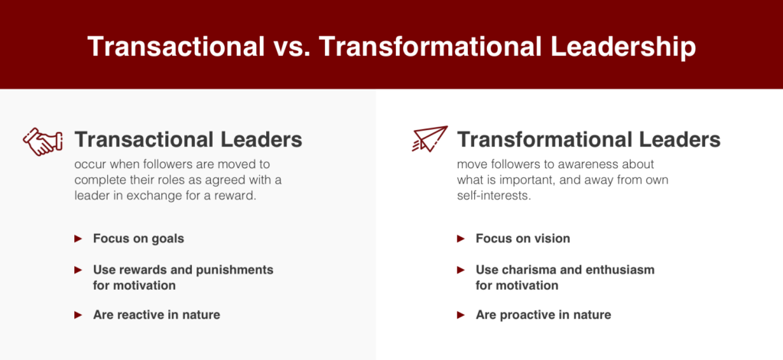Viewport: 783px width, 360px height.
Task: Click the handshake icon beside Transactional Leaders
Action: (43, 141)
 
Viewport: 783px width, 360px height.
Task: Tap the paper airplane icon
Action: (430, 139)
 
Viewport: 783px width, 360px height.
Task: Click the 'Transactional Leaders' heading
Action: (188, 139)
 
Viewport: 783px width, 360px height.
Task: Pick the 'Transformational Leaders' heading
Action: (589, 139)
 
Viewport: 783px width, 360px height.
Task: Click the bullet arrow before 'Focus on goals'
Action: (78, 238)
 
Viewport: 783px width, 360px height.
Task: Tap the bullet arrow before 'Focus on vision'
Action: (461, 238)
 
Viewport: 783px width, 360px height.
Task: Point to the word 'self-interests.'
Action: (493, 196)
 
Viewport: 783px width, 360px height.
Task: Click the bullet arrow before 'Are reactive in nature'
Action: (78, 315)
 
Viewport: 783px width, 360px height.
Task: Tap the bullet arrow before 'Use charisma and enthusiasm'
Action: (461, 270)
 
